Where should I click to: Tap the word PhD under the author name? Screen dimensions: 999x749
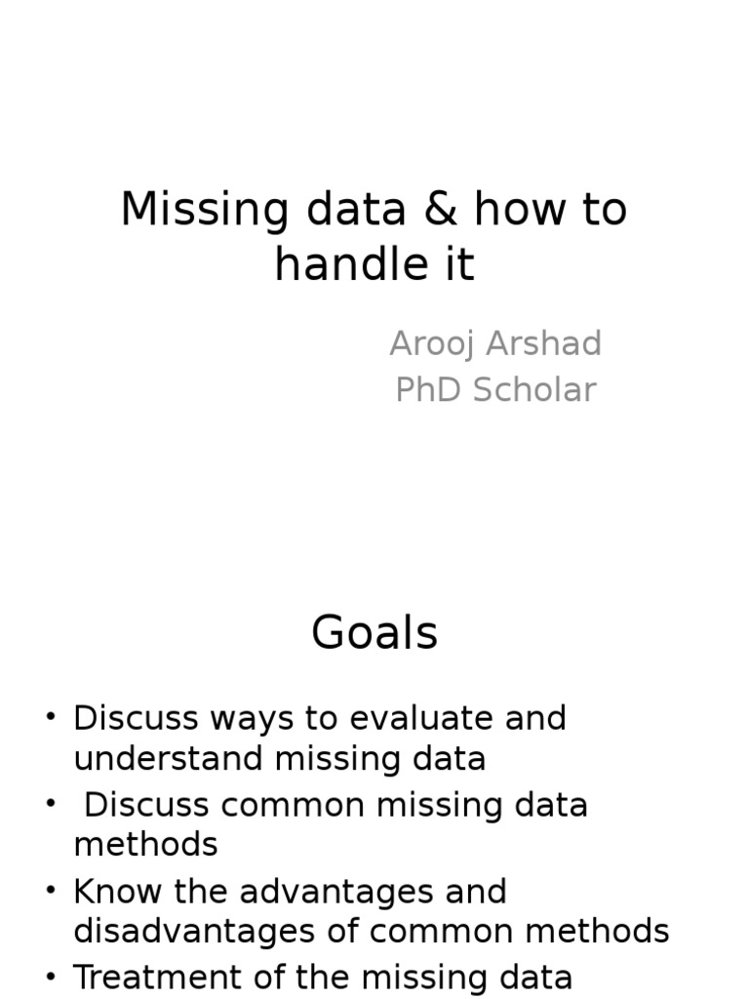[429, 390]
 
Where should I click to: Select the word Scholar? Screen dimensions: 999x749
[535, 390]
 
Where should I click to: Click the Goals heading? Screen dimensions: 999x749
[374, 634]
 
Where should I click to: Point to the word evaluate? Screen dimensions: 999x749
[424, 718]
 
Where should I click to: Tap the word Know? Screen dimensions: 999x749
[116, 892]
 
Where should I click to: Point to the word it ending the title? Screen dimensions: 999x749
[460, 263]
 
